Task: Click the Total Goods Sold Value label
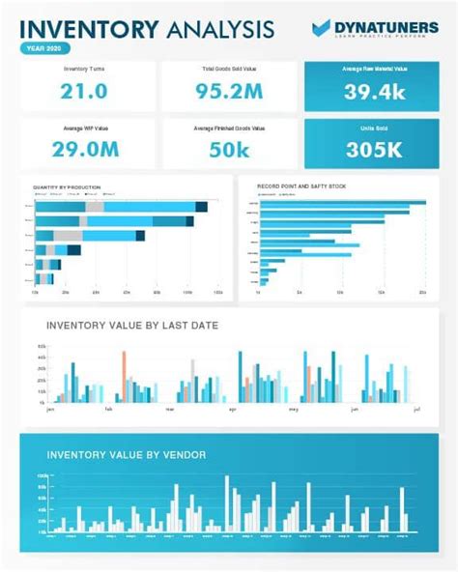click(x=229, y=70)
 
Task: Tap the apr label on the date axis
click(x=232, y=410)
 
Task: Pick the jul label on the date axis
click(x=416, y=410)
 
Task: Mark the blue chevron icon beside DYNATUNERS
click(x=322, y=29)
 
